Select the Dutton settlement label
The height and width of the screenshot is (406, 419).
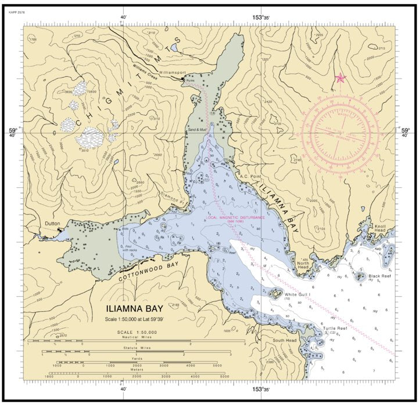(53, 223)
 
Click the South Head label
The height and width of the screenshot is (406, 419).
(285, 340)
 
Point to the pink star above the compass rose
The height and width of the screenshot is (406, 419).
(340, 78)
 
